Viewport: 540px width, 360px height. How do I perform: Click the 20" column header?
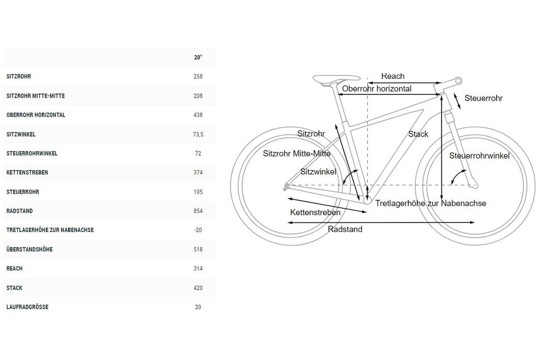coord(198,57)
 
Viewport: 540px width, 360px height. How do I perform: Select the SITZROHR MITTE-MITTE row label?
coord(36,96)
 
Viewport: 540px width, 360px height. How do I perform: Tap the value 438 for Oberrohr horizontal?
coord(198,115)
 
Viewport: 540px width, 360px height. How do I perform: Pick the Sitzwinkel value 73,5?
coord(198,134)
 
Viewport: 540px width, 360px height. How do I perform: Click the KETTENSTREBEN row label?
coord(27,172)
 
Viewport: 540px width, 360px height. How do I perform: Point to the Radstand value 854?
coord(198,211)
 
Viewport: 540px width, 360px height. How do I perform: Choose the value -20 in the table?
coord(198,230)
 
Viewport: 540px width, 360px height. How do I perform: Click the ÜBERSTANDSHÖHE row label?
coord(30,249)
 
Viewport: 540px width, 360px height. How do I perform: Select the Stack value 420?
coord(198,288)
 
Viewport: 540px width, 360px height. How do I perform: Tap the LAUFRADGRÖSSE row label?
coord(27,307)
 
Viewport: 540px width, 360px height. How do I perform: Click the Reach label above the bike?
coord(393,76)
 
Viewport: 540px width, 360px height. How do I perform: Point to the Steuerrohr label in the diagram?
coord(483,98)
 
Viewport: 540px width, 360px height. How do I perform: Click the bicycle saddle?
coord(336,80)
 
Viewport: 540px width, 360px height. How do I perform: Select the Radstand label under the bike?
coord(345,229)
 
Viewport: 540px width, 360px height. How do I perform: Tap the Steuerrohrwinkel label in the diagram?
coord(479,156)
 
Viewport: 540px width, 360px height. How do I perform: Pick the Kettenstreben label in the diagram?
coord(315,213)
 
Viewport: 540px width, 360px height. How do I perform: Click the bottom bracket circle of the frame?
coord(367,200)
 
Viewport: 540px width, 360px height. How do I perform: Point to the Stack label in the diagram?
coord(418,134)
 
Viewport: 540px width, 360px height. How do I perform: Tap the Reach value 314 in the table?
coord(198,269)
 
